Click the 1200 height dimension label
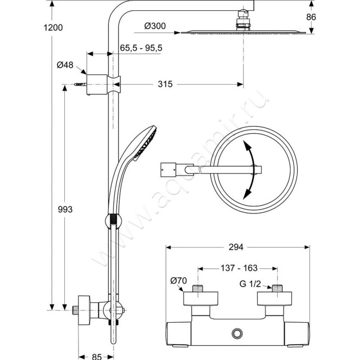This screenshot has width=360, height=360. click(x=53, y=27)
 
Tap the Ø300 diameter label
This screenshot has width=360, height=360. click(x=156, y=27)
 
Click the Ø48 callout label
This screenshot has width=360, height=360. click(x=65, y=65)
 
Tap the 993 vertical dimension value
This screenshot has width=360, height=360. click(x=66, y=209)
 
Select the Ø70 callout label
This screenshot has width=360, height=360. click(x=179, y=282)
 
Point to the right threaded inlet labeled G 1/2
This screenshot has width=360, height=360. click(x=276, y=288)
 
